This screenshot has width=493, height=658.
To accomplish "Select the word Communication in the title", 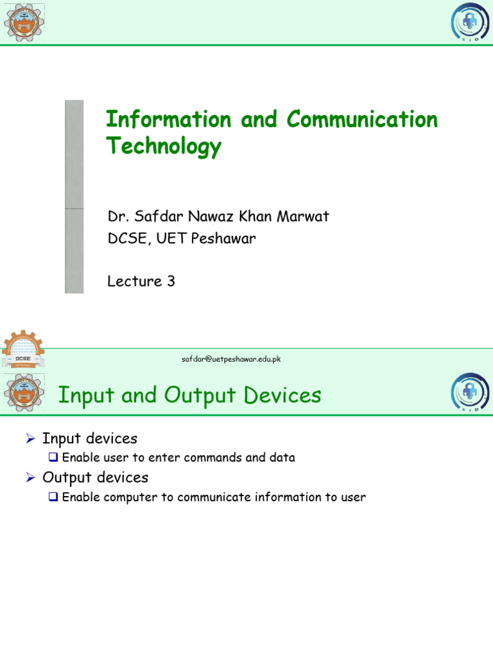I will [x=362, y=120].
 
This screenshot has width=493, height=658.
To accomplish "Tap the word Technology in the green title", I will [x=164, y=147].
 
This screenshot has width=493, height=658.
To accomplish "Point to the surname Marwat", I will [x=304, y=216].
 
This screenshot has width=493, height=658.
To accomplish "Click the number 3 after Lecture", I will [x=171, y=281].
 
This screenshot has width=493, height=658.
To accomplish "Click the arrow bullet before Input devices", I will [x=30, y=439].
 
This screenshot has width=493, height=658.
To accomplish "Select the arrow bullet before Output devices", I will [x=30, y=478].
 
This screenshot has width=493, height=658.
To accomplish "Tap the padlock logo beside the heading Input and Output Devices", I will [x=470, y=393].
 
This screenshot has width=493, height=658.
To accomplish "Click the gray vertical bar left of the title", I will [x=74, y=197].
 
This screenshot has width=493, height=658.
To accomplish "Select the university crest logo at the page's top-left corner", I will [x=24, y=22].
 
